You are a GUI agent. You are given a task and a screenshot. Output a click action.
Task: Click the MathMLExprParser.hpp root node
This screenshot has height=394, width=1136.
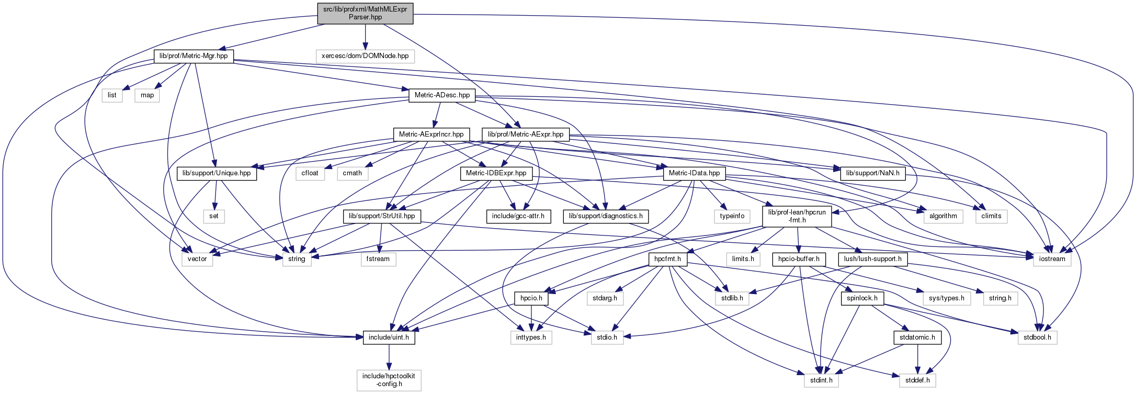point(365,13)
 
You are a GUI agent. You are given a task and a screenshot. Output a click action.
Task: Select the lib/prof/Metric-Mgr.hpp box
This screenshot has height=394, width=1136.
point(194,56)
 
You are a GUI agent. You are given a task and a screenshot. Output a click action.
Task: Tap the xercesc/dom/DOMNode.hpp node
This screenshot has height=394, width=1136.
point(365,56)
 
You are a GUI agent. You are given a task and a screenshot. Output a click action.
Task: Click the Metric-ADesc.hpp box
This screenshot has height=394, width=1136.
point(442,95)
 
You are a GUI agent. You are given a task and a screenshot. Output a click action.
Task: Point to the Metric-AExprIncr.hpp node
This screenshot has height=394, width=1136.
point(431,134)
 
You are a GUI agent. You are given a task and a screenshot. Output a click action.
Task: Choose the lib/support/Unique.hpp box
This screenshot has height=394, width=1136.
point(217,173)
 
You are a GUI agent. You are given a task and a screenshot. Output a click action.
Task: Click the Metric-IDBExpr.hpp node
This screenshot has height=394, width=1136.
point(496,173)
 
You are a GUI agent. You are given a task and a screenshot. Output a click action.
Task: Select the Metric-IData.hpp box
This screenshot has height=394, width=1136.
point(694,173)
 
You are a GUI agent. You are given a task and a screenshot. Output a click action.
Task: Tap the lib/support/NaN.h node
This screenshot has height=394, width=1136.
point(872,173)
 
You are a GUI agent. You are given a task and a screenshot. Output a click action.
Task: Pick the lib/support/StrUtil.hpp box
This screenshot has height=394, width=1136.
point(382,216)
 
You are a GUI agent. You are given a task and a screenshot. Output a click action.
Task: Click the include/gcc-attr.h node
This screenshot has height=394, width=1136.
point(518,216)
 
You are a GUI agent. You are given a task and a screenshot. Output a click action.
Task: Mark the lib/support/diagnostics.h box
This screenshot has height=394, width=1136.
point(606,216)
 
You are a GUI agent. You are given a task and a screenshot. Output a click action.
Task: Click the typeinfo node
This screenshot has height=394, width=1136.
point(732,216)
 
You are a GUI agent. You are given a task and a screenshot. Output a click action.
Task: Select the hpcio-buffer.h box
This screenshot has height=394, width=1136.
point(799,259)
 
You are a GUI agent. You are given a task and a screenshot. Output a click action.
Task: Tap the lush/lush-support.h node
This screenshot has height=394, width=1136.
point(872,259)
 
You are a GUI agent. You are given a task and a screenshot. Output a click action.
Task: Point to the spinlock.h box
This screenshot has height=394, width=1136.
point(862,298)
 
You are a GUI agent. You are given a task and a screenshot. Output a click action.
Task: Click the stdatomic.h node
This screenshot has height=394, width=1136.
point(917,337)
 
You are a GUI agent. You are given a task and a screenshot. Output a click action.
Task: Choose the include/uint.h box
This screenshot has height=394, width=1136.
point(389,337)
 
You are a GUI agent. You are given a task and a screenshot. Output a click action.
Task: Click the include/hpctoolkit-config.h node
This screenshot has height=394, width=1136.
point(389,380)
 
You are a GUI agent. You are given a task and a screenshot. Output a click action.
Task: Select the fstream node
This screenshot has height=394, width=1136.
point(378,259)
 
